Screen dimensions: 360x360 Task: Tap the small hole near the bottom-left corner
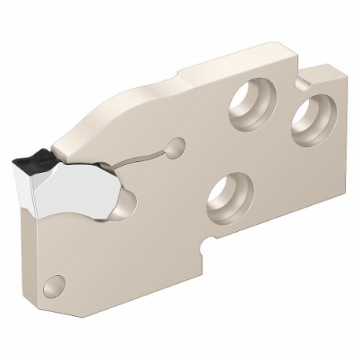click(54, 281)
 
